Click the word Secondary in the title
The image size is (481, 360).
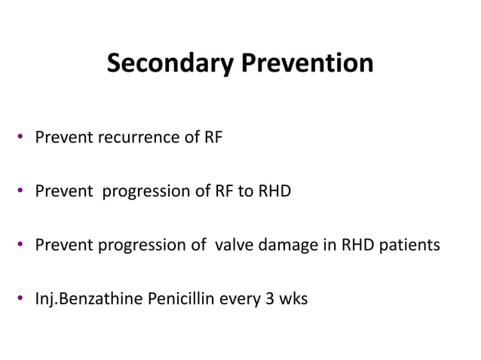click(x=170, y=63)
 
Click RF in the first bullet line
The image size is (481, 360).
click(x=213, y=139)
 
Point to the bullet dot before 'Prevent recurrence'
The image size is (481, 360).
click(x=23, y=139)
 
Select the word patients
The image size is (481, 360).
click(x=410, y=246)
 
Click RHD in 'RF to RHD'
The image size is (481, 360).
click(x=274, y=192)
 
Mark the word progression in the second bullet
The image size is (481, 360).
click(x=146, y=192)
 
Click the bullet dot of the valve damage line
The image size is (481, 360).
click(x=23, y=246)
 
